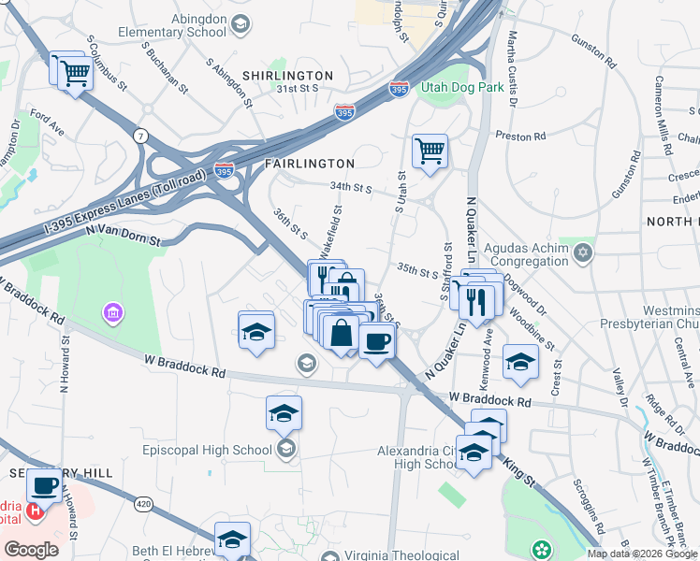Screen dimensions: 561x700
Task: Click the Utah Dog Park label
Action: click(x=463, y=88)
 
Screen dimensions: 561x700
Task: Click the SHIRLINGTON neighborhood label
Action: click(x=287, y=75)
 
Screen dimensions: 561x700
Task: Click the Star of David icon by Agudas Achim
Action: click(x=584, y=252)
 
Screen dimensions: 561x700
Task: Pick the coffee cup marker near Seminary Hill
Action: click(x=44, y=486)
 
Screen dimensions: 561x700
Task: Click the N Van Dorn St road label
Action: click(x=123, y=235)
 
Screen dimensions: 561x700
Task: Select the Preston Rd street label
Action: click(x=513, y=135)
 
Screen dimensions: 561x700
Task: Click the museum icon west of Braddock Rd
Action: click(x=113, y=311)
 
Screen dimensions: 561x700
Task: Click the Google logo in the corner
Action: click(x=31, y=550)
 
